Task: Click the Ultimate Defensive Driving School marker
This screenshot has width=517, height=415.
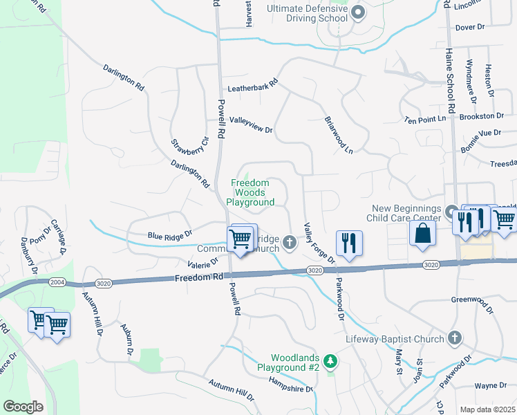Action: click(x=358, y=12)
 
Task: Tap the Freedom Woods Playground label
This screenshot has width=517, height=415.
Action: click(x=252, y=192)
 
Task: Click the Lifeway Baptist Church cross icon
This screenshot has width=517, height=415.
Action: click(x=454, y=338)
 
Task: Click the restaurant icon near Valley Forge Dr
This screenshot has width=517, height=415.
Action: click(x=348, y=243)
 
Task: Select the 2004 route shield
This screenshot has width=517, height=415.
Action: click(x=57, y=282)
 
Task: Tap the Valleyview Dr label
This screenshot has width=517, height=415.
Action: click(x=251, y=124)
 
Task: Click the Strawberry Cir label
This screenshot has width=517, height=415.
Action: click(x=180, y=147)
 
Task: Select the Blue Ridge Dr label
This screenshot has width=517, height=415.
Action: click(x=169, y=235)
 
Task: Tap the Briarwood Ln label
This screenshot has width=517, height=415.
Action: click(x=339, y=134)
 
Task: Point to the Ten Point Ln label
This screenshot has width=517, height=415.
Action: click(x=425, y=120)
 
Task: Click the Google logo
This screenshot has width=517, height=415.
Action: click(x=23, y=407)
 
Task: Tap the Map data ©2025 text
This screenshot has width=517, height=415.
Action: click(x=487, y=409)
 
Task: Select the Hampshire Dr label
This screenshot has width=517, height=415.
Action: click(x=291, y=388)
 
